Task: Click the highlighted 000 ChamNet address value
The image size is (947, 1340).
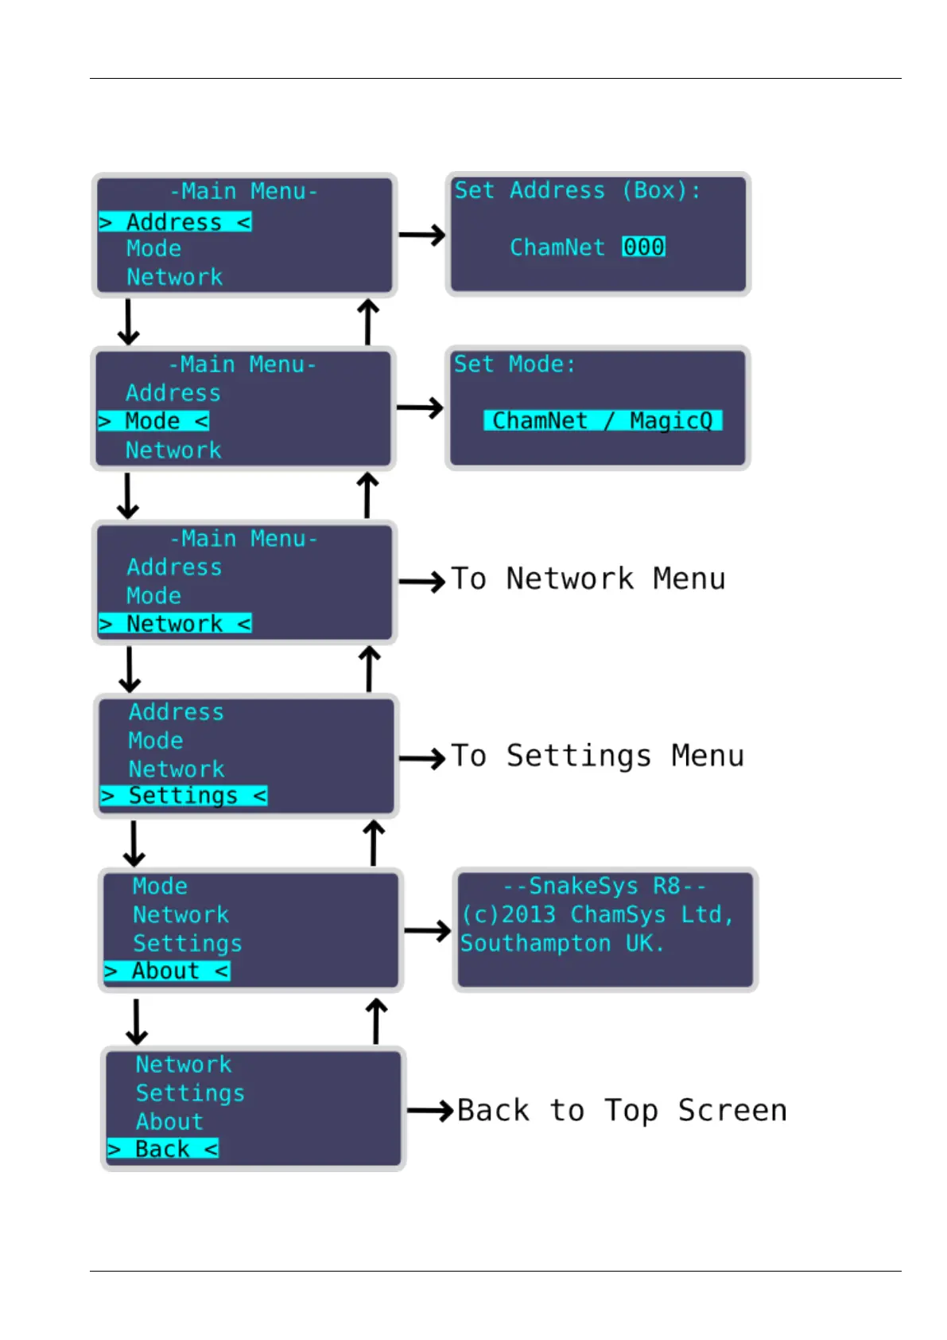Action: pos(643,247)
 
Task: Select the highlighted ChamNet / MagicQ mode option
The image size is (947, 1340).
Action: pos(603,421)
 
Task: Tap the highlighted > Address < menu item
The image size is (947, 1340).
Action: pos(175,222)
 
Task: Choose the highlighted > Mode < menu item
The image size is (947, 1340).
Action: pos(153,421)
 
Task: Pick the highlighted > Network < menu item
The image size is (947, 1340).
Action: pos(175,624)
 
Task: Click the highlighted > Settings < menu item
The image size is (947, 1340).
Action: pos(184,796)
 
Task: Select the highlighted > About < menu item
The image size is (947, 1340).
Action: pos(167,971)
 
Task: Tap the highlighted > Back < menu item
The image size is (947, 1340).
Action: pos(163,1148)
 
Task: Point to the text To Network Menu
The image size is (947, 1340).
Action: pos(588,579)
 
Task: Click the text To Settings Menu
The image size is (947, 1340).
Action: pos(598,756)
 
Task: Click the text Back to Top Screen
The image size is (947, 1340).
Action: pos(622,1111)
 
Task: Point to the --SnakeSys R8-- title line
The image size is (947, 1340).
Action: pos(604,886)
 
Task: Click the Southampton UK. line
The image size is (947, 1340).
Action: pos(562,944)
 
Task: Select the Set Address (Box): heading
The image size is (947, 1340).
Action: pos(577,191)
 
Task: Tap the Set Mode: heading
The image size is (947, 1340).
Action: pos(514,364)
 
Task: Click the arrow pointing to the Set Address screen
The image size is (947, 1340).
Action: pos(422,235)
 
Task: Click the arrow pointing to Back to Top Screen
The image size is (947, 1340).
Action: pos(430,1111)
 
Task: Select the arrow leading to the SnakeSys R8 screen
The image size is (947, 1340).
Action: pos(428,931)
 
